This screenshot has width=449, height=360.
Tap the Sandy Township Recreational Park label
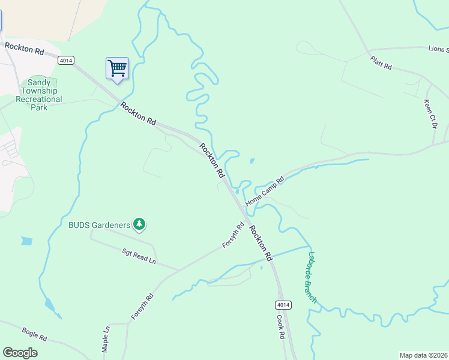[x=40, y=95]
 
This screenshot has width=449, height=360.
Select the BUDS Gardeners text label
[x=99, y=225]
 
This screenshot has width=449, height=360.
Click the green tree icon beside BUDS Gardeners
[x=139, y=224]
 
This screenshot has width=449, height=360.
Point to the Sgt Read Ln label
[x=139, y=257]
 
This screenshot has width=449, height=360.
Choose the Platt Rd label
[x=381, y=63]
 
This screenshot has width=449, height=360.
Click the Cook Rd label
[x=280, y=327]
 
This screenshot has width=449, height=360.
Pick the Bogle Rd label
[x=34, y=334]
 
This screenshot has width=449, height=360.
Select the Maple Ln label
[x=106, y=338]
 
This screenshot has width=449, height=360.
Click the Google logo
[x=20, y=353]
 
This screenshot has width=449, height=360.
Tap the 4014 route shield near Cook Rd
[x=284, y=305]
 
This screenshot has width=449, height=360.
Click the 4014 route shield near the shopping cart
[x=66, y=60]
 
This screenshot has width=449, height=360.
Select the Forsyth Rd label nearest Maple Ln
[x=142, y=306]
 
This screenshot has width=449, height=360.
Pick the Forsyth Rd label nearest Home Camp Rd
[x=233, y=235]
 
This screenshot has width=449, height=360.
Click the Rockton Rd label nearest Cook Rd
[x=261, y=242]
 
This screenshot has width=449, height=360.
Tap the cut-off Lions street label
[x=438, y=49]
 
